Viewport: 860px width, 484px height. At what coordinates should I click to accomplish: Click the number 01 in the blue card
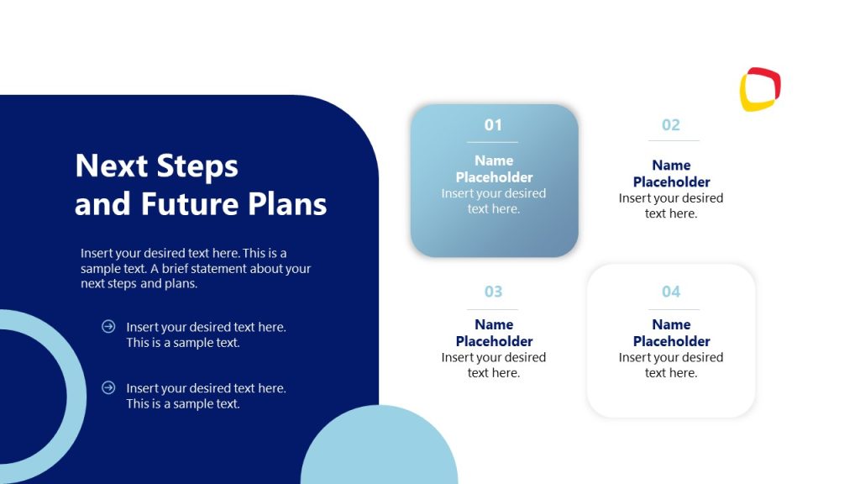pyautogui.click(x=493, y=125)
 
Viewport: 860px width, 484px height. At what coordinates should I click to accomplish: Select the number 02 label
pyautogui.click(x=670, y=125)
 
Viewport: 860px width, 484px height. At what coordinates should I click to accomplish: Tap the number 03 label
pyautogui.click(x=493, y=292)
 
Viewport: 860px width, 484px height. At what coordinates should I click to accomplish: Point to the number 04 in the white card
pyautogui.click(x=670, y=292)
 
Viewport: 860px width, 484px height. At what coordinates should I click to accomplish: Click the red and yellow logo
pyautogui.click(x=760, y=89)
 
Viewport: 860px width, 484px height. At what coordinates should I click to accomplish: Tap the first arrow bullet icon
pyautogui.click(x=108, y=326)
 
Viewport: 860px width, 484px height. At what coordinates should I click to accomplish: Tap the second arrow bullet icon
pyautogui.click(x=108, y=387)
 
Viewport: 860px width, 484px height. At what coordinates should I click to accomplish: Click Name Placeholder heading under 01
pyautogui.click(x=494, y=169)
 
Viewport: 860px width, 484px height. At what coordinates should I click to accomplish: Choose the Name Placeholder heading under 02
pyautogui.click(x=671, y=174)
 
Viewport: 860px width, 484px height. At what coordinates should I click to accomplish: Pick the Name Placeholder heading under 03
pyautogui.click(x=494, y=333)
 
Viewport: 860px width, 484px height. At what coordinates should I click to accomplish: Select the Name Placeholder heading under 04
pyautogui.click(x=671, y=333)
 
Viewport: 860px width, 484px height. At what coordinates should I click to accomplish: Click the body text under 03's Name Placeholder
pyautogui.click(x=494, y=365)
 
